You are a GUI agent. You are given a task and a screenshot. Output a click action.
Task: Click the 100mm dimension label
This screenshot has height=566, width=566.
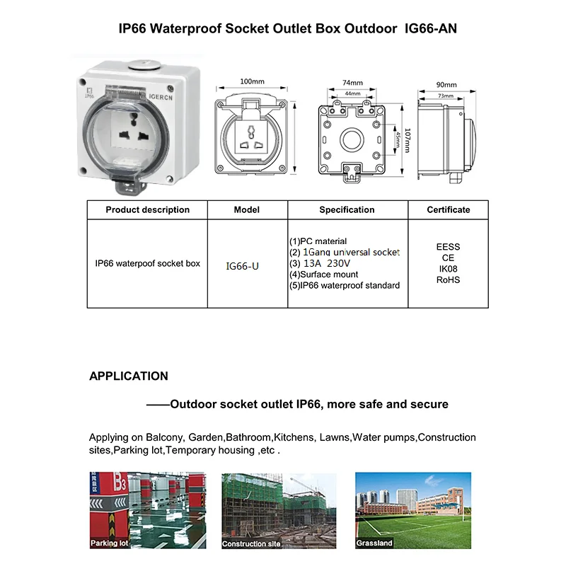pyautogui.click(x=252, y=82)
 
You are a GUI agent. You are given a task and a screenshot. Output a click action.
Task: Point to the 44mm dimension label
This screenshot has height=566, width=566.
pyautogui.click(x=352, y=93)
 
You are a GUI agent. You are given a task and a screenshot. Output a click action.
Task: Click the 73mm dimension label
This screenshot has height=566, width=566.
pyautogui.click(x=446, y=95)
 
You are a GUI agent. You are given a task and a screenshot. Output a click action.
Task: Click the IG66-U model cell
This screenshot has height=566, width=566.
pyautogui.click(x=243, y=266)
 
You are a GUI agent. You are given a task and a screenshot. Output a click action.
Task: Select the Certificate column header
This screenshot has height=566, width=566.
pyautogui.click(x=448, y=209)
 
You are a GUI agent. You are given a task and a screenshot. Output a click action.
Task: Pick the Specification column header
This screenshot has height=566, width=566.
pyautogui.click(x=347, y=209)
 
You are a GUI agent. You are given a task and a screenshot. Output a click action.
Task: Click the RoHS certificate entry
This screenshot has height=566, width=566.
pyautogui.click(x=448, y=280)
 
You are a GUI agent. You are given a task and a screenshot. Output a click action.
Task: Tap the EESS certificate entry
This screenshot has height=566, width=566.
pyautogui.click(x=448, y=247)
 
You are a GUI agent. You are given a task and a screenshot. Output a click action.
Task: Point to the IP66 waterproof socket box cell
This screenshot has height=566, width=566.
pyautogui.click(x=147, y=263)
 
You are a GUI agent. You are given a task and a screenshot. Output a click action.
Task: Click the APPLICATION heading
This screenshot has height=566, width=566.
pyautogui.click(x=129, y=376)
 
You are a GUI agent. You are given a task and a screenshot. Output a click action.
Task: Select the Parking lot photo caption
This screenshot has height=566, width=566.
pyautogui.click(x=110, y=543)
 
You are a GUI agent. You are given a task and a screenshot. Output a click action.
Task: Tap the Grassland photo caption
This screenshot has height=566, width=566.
pyautogui.click(x=375, y=543)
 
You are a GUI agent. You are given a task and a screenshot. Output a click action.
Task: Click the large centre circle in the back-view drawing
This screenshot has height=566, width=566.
pyautogui.click(x=352, y=137)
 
